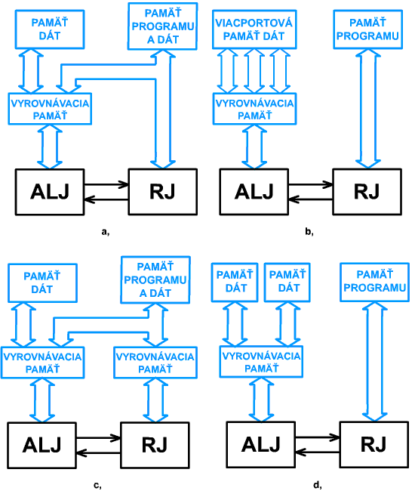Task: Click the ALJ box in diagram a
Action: click(x=50, y=192)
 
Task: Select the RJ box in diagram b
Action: click(x=367, y=192)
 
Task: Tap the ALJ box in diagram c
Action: click(x=42, y=445)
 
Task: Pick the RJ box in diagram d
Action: click(x=374, y=445)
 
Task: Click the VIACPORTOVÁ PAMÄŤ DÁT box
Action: click(x=254, y=29)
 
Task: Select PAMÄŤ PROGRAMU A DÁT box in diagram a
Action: click(x=163, y=26)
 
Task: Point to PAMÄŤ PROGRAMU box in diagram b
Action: click(x=367, y=29)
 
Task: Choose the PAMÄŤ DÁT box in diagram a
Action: click(x=50, y=29)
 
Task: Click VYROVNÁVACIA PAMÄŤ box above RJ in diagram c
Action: click(x=155, y=363)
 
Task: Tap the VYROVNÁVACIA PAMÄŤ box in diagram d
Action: click(x=261, y=362)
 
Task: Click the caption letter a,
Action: click(x=106, y=232)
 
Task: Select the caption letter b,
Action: click(x=309, y=232)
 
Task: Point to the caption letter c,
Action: click(x=97, y=486)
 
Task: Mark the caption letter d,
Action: click(x=318, y=485)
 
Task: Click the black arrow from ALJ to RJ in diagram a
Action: click(x=106, y=184)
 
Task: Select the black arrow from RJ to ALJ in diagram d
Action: click(x=318, y=452)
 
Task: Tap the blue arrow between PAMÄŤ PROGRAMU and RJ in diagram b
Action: click(x=367, y=109)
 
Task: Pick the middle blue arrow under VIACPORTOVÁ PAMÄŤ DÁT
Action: click(x=254, y=71)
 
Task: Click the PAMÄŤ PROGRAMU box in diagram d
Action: click(x=375, y=283)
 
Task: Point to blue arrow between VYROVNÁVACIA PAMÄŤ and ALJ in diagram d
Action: click(x=261, y=400)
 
